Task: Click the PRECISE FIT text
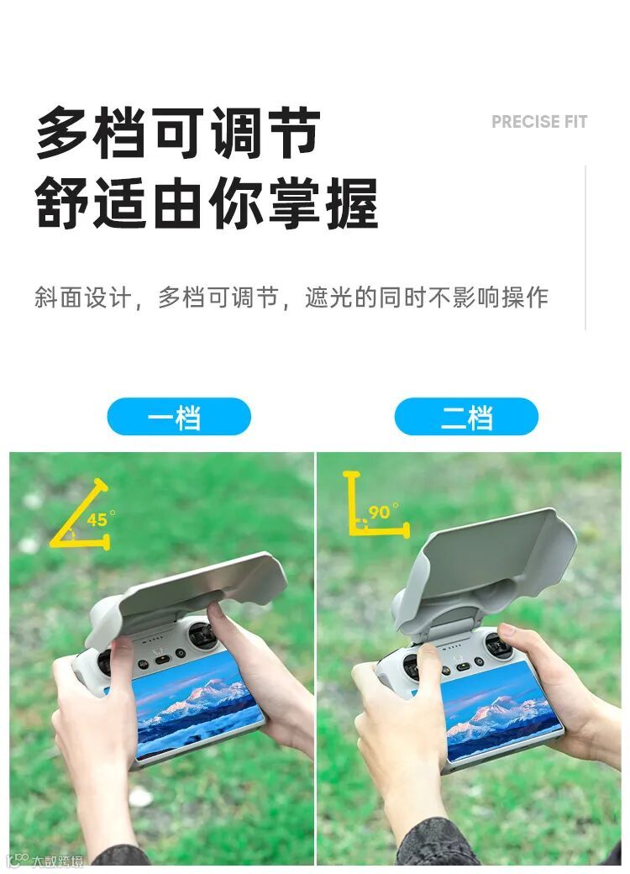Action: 538,122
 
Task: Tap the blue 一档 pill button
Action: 179,416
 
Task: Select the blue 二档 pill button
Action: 466,416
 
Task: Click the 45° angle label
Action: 100,519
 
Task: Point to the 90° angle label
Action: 383,511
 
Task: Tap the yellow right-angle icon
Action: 376,504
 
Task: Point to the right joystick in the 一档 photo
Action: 201,634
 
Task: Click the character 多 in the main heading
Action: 63,134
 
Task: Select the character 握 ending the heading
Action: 353,203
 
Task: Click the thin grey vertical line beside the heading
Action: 585,247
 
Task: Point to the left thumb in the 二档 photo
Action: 429,669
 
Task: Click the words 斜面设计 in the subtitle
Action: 83,297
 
